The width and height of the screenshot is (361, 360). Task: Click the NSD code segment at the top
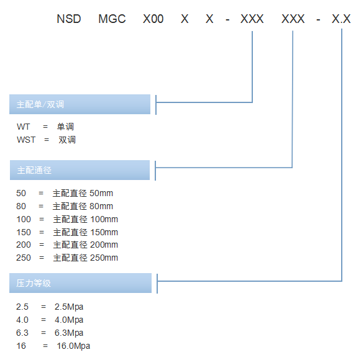click(69, 19)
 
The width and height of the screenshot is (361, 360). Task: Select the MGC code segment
click(112, 19)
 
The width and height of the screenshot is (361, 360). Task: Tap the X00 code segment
click(153, 19)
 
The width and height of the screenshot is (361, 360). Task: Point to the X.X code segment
click(341, 19)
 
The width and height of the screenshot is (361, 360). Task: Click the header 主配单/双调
click(80, 104)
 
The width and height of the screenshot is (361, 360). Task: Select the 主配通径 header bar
click(80, 170)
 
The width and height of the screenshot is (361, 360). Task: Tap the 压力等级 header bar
click(80, 283)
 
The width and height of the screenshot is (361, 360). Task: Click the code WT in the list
click(23, 127)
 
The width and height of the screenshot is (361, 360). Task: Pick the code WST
click(26, 140)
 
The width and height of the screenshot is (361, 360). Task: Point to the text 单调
click(65, 127)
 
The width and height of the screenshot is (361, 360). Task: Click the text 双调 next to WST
click(67, 140)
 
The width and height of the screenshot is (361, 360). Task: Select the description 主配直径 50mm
click(83, 193)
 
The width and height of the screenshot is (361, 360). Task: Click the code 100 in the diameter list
click(24, 219)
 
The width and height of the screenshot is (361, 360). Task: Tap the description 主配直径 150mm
click(85, 232)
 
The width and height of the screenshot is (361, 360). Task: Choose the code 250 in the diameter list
click(24, 258)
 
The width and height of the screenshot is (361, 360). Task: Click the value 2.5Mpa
click(69, 307)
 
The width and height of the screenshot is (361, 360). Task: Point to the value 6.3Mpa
click(69, 333)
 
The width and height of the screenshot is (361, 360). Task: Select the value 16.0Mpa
click(73, 346)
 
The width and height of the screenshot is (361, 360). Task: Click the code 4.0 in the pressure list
click(22, 320)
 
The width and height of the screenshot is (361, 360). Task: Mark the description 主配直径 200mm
click(85, 245)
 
